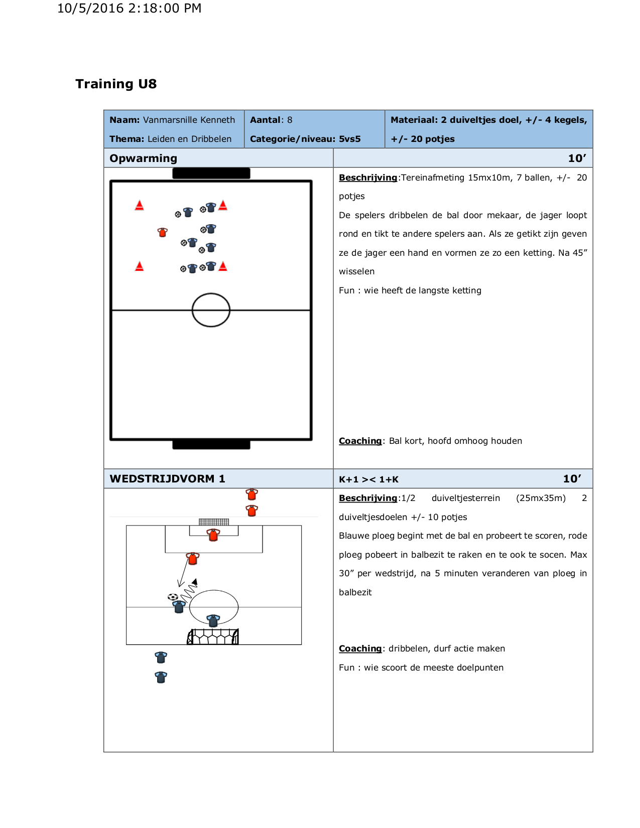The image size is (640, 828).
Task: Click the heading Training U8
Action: [x=116, y=84]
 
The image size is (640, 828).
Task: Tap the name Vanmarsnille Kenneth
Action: [x=189, y=120]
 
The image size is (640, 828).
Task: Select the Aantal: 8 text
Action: [x=271, y=120]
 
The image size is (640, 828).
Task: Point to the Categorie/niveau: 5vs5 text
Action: [x=305, y=139]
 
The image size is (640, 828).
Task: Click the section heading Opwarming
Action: [x=144, y=158]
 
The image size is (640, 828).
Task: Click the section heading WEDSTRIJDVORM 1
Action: [x=168, y=479]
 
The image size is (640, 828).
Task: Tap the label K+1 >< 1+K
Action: [x=368, y=479]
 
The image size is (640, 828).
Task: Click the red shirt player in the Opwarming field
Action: [x=162, y=232]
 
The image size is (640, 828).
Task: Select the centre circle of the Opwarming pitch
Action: [x=211, y=310]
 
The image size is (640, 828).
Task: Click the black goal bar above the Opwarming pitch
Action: [x=211, y=174]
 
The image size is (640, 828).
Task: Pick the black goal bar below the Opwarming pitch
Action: [x=211, y=444]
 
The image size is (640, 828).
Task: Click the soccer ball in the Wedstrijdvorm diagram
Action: [x=173, y=597]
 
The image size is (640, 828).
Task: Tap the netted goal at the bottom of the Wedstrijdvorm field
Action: [x=213, y=637]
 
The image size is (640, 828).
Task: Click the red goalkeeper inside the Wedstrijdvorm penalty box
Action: [x=213, y=535]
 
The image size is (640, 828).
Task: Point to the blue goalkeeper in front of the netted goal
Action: [x=213, y=621]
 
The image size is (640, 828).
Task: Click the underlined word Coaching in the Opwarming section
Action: [x=360, y=441]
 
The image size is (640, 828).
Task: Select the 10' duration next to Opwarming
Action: [x=577, y=158]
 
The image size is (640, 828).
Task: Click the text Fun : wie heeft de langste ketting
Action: [x=410, y=290]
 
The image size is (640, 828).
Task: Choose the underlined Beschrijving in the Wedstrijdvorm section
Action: [x=368, y=498]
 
